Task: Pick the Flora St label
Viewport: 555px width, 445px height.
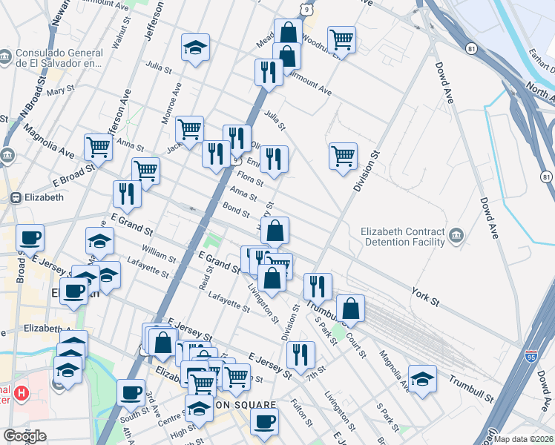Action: tap(251, 179)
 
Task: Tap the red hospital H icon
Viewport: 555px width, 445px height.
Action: tap(22, 392)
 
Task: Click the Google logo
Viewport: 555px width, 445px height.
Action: tap(24, 436)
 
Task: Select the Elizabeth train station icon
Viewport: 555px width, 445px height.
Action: tap(14, 198)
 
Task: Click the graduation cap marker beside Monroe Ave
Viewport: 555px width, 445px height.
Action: tap(195, 48)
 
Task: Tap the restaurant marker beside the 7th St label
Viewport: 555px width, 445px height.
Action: tap(301, 355)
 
